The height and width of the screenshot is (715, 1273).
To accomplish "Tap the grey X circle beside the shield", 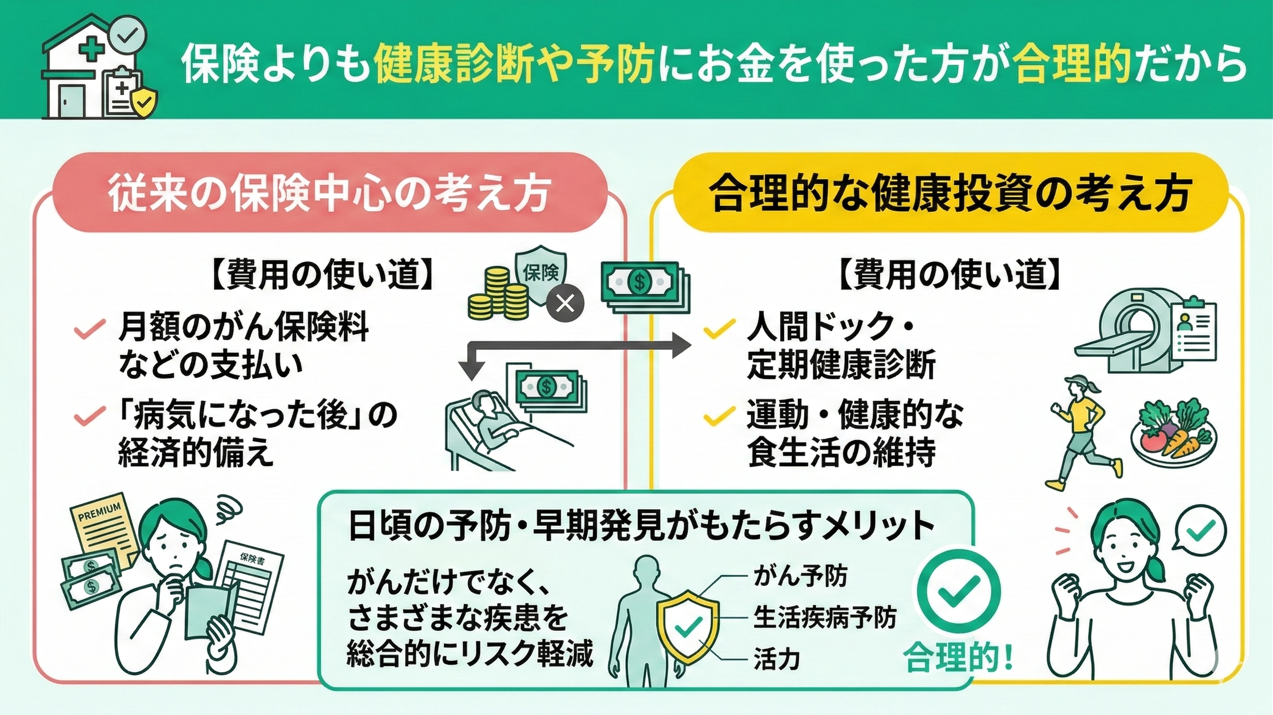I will coord(565,304).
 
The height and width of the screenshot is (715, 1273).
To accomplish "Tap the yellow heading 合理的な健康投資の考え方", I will coord(949,193).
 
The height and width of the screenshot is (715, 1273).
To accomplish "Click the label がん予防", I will coord(800,576).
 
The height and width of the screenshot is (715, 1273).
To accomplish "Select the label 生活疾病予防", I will coord(824,618).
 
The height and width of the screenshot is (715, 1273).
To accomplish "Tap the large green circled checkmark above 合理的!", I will coord(959,593).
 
